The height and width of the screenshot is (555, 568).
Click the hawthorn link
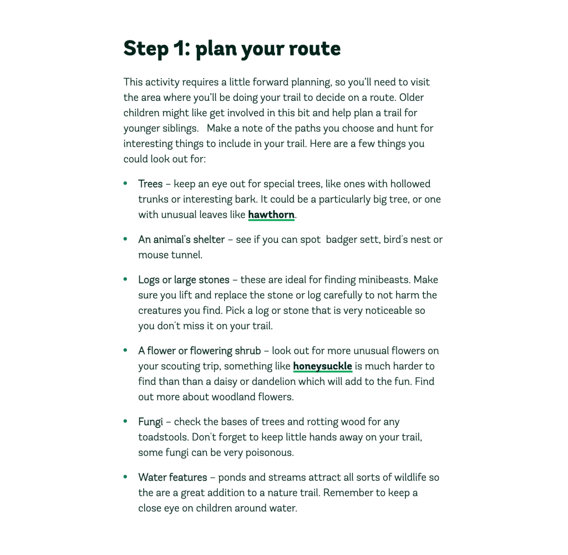coord(271,215)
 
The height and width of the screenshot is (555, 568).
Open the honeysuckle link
coord(322,366)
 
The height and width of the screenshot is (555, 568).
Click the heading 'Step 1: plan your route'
coord(232,48)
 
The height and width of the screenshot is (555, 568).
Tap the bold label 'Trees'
coord(150,184)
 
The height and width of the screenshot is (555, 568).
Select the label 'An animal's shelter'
coord(181,240)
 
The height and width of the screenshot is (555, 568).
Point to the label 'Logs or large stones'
coord(184,279)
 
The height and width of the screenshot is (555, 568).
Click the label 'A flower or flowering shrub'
coord(199,350)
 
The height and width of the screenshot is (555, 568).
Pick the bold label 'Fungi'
coord(150,421)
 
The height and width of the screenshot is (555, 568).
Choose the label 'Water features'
coord(173,477)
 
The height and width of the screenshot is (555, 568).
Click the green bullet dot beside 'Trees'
coord(125,183)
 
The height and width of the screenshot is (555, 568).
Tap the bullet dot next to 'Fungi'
coord(125,421)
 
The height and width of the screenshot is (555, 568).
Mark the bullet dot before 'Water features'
coord(125,476)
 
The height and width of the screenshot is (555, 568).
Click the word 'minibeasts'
coord(384,279)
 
